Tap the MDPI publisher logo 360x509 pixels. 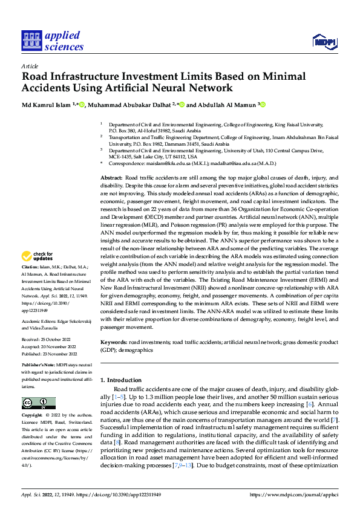tap(324, 41)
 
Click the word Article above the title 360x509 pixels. tap(30, 66)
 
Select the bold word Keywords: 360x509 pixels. tap(113, 342)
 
